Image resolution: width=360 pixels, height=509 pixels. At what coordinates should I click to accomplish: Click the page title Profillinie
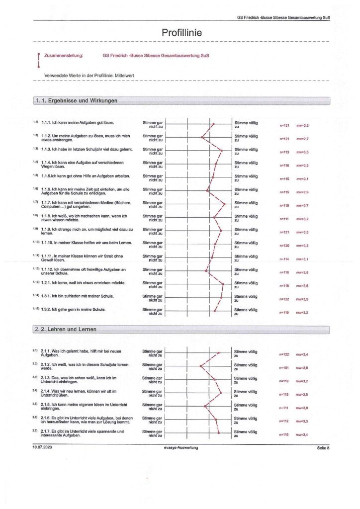(181, 32)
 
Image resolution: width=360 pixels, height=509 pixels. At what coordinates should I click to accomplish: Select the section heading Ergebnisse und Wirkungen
(79, 100)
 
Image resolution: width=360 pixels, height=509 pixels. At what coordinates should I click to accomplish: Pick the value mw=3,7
(302, 205)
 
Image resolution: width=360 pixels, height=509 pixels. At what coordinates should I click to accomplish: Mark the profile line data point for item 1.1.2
(201, 138)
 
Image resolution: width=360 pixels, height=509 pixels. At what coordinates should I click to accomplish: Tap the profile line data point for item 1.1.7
(225, 204)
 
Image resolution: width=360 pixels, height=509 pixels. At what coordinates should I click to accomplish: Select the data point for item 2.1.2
(200, 367)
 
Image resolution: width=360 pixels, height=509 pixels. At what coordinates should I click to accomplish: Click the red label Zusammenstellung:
(64, 56)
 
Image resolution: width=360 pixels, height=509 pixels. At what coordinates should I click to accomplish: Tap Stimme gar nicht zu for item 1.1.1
(153, 124)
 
